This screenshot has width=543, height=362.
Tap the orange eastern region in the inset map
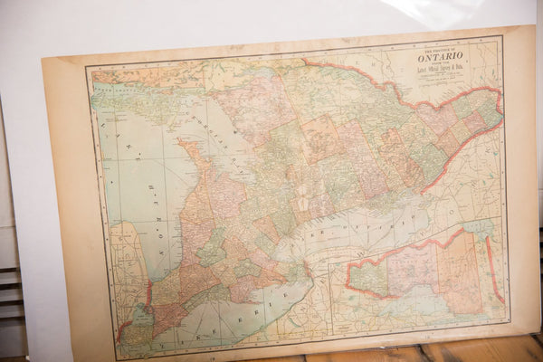[462, 271]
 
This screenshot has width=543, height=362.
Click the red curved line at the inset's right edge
[493, 271]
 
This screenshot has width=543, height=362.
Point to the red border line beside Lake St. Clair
[148, 294]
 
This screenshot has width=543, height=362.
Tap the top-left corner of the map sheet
[43, 58]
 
